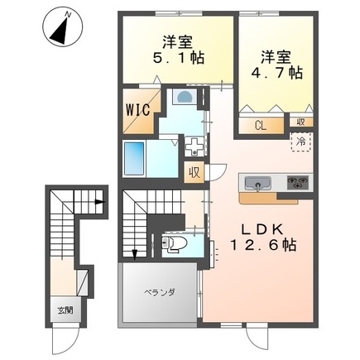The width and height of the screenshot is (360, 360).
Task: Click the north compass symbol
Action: pyautogui.click(x=63, y=27)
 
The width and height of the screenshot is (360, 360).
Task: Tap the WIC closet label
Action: pyautogui.click(x=138, y=110)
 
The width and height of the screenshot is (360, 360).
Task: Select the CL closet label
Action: pyautogui.click(x=261, y=126)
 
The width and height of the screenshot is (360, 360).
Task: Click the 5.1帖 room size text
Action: pyautogui.click(x=179, y=58)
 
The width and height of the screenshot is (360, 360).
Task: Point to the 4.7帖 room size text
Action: pyautogui.click(x=276, y=73)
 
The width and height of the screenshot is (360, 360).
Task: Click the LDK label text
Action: pyautogui.click(x=262, y=229)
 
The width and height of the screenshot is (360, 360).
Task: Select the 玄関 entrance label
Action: pyautogui.click(x=65, y=310)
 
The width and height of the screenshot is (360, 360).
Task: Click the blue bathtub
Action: pyautogui.click(x=134, y=159)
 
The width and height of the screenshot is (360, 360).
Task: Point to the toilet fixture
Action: pyautogui.click(x=174, y=243)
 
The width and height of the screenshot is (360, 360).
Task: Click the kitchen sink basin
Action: pyautogui.click(x=258, y=184)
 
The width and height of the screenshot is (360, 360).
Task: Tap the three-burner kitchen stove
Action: pyautogui.click(x=298, y=182)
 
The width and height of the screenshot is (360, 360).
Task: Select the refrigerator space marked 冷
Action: pyautogui.click(x=301, y=142)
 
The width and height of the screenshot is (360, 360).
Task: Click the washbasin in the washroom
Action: pyautogui.click(x=185, y=97)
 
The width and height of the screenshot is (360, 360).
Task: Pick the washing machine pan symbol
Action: pyautogui.click(x=194, y=146)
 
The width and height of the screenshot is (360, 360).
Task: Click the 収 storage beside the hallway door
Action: pyautogui.click(x=194, y=172)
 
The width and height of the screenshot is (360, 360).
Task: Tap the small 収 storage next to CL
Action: pyautogui.click(x=301, y=122)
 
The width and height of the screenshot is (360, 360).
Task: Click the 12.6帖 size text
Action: pyautogui.click(x=263, y=245)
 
